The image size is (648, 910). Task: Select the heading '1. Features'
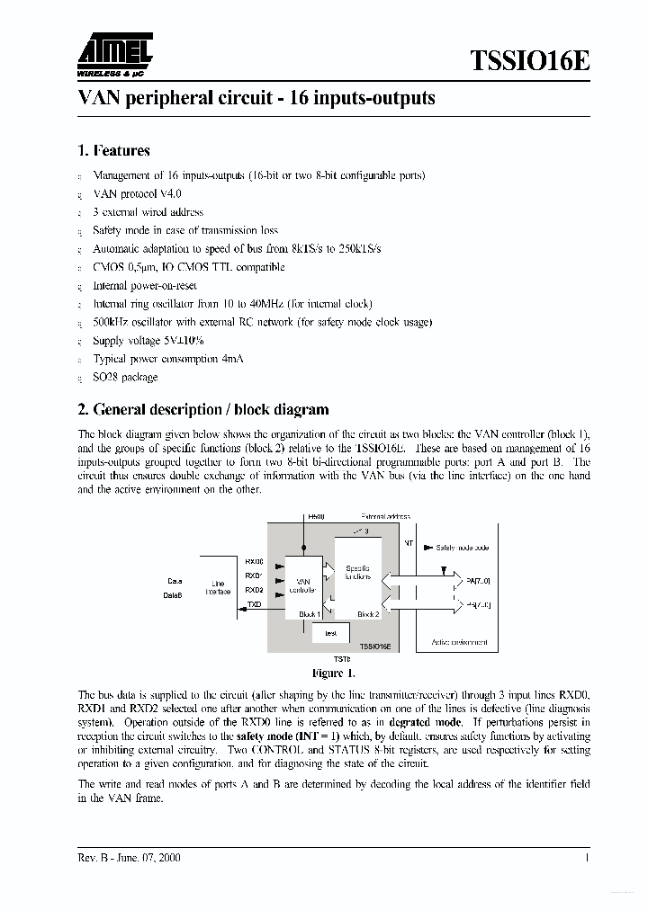click(113, 150)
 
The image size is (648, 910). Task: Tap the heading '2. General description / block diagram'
click(203, 409)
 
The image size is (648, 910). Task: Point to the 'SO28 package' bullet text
click(125, 378)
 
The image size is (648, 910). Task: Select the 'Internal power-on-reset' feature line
click(145, 285)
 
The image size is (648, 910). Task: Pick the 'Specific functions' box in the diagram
click(357, 573)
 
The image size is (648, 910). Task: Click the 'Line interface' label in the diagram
click(217, 587)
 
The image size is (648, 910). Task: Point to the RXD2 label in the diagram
click(254, 590)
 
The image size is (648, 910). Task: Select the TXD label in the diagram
click(255, 605)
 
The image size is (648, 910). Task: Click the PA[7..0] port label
click(478, 582)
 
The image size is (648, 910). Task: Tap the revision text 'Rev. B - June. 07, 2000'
click(130, 858)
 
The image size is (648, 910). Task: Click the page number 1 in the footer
click(587, 858)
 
